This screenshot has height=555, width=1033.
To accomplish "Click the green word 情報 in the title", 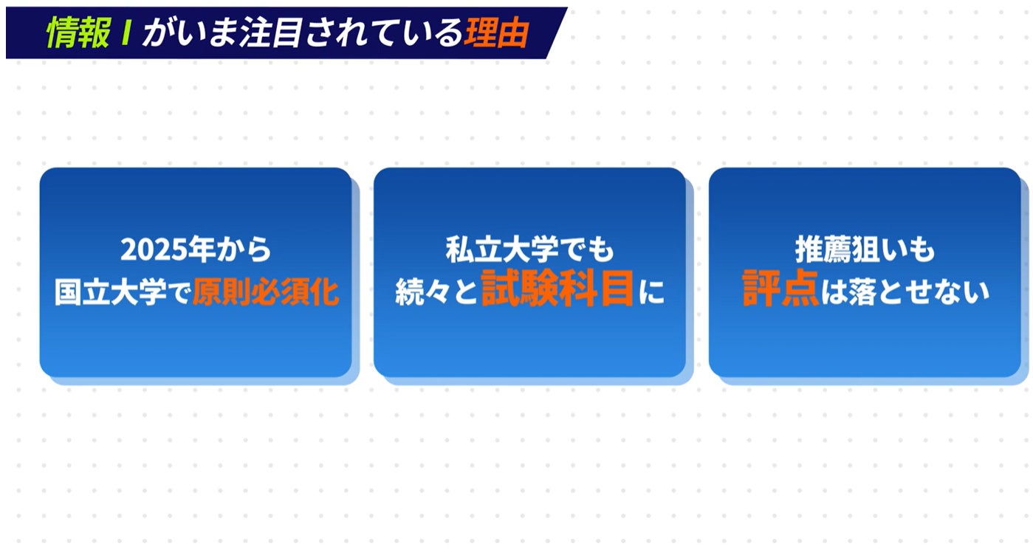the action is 78,33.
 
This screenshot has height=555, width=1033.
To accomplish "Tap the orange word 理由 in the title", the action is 496,33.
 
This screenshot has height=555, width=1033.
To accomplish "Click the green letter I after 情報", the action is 126,33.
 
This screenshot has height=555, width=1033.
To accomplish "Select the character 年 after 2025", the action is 195,251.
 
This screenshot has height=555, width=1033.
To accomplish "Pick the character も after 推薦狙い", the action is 923,251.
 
